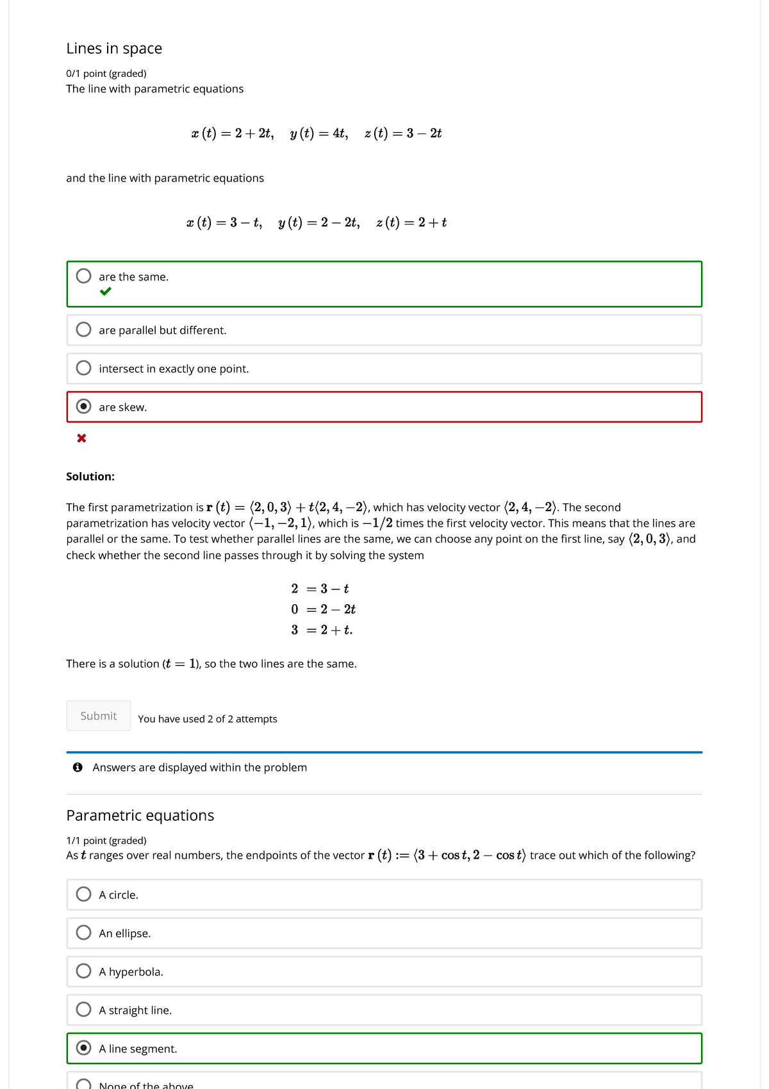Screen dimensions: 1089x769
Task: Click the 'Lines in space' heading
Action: point(114,49)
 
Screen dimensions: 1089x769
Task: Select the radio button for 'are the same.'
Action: point(83,276)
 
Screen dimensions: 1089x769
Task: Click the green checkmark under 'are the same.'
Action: point(106,292)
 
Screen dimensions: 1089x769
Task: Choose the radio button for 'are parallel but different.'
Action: point(83,330)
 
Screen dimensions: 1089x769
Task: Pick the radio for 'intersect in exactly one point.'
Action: point(83,368)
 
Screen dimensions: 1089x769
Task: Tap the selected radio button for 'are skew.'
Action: point(83,407)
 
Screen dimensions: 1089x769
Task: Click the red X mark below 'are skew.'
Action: point(81,438)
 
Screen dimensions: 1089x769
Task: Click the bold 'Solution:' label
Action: point(90,477)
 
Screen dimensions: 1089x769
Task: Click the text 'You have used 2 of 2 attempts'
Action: point(208,719)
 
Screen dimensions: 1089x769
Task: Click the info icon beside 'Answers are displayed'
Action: point(78,768)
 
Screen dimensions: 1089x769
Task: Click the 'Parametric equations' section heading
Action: point(140,815)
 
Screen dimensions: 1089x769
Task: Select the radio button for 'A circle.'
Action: point(83,894)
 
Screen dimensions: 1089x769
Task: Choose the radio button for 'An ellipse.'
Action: point(83,933)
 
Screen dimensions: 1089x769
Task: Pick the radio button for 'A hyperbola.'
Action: point(83,971)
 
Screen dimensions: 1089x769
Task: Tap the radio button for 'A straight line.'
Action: point(83,1009)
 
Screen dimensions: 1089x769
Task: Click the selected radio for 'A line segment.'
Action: point(83,1048)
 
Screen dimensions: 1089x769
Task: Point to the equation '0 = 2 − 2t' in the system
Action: point(323,609)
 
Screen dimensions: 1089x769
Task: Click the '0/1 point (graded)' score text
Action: point(106,74)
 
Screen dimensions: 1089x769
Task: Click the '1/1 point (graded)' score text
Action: point(106,841)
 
